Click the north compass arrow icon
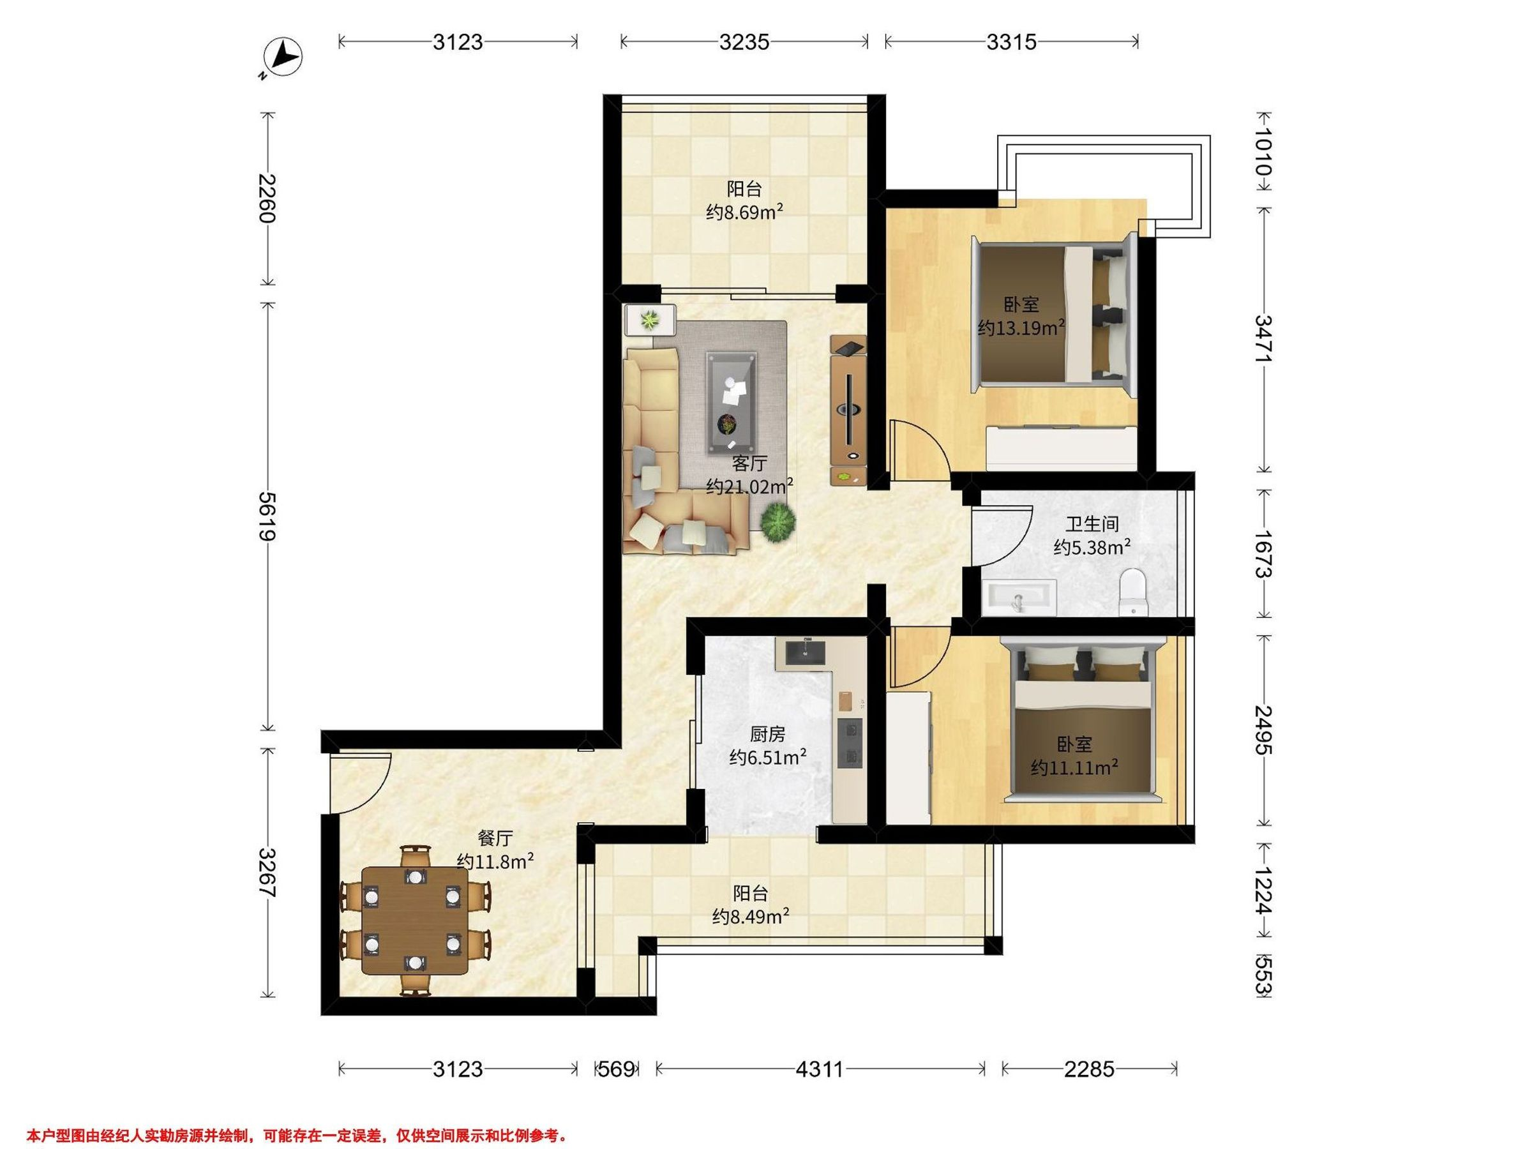[x=285, y=56]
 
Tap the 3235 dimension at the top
[x=744, y=42]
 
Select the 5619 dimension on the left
[x=268, y=516]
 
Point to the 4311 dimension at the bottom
[x=820, y=1069]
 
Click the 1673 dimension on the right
[x=1264, y=554]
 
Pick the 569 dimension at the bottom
[x=617, y=1069]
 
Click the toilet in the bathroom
[x=1134, y=592]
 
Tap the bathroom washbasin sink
[x=1019, y=597]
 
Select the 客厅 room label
[x=749, y=463]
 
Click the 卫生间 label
[x=1092, y=524]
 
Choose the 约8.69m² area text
[x=744, y=211]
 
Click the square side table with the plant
[x=650, y=320]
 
